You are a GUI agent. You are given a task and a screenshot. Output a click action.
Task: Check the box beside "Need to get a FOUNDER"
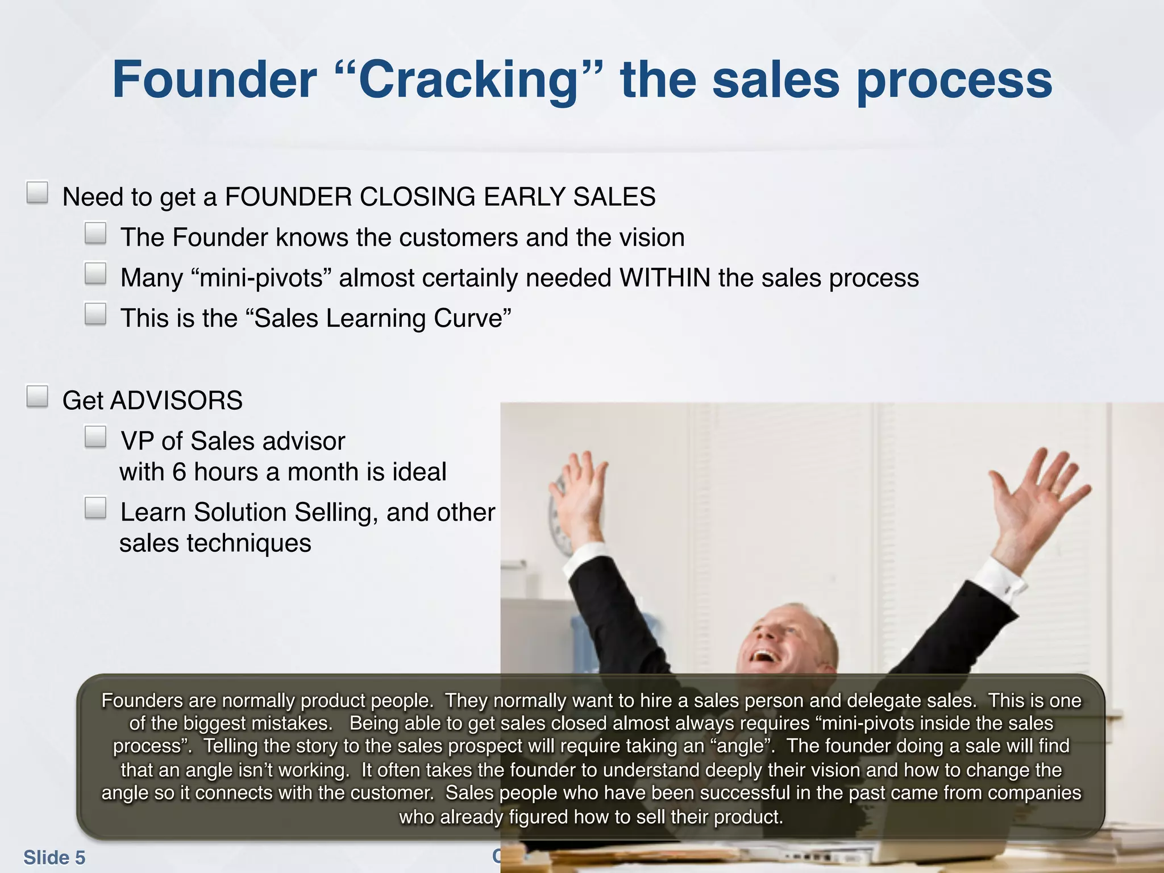click(38, 193)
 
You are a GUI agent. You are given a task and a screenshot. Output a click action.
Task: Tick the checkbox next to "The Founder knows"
click(95, 233)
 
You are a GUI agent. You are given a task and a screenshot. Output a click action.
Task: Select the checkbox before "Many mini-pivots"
click(95, 273)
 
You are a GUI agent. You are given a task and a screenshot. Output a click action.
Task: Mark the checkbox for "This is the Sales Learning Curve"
click(95, 314)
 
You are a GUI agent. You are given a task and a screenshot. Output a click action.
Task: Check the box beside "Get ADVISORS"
click(38, 396)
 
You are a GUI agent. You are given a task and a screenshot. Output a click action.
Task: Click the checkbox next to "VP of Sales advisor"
click(95, 437)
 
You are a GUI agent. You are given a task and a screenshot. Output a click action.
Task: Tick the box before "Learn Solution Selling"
click(95, 508)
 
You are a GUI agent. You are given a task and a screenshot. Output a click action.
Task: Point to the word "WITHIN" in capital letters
click(664, 278)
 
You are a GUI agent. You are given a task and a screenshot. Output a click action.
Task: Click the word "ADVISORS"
click(176, 401)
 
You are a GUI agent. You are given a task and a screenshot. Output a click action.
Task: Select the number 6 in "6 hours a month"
click(180, 472)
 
